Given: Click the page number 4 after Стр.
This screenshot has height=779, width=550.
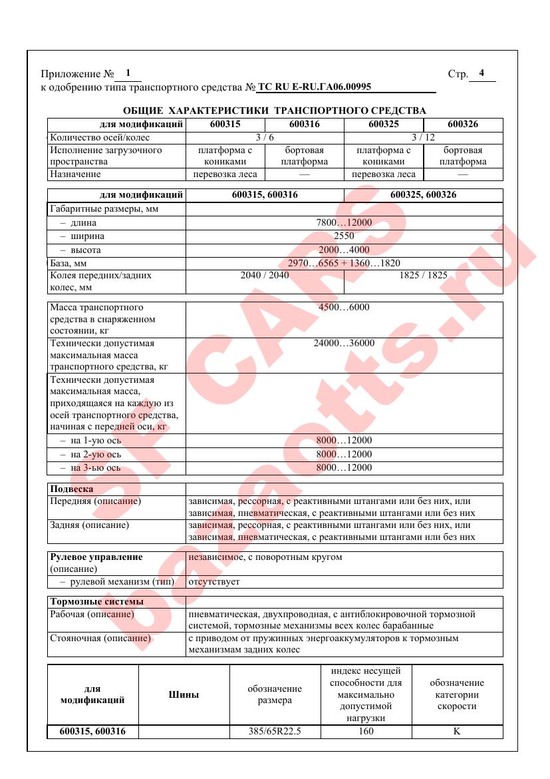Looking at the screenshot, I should pyautogui.click(x=482, y=73).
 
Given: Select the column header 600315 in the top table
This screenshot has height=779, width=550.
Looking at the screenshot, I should pyautogui.click(x=225, y=124).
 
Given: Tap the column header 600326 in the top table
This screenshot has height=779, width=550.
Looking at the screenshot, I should pyautogui.click(x=463, y=124).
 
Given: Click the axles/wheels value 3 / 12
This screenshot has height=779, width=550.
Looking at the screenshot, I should pyautogui.click(x=423, y=137).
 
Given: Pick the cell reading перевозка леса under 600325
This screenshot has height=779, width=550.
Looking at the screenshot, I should pyautogui.click(x=383, y=174).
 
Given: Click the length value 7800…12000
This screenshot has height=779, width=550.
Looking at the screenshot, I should pyautogui.click(x=344, y=223).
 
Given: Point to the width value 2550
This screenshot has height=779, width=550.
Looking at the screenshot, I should pyautogui.click(x=344, y=236).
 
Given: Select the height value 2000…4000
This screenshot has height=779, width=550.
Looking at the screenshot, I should pyautogui.click(x=344, y=250).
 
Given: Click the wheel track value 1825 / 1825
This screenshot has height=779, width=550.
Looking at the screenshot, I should pyautogui.click(x=423, y=274).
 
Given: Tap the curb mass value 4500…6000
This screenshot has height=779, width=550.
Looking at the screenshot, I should pyautogui.click(x=344, y=307).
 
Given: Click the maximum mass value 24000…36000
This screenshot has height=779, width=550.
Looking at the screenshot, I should pyautogui.click(x=344, y=344).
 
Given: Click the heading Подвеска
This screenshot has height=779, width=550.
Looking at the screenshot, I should pyautogui.click(x=72, y=489).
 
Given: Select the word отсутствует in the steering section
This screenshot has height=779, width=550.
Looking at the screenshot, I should pyautogui.click(x=214, y=582).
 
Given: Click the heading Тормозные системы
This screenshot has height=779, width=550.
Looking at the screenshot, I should pyautogui.click(x=96, y=602).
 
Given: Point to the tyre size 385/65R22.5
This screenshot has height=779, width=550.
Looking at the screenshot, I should pyautogui.click(x=275, y=731).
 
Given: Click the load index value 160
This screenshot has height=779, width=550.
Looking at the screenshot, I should pyautogui.click(x=365, y=731).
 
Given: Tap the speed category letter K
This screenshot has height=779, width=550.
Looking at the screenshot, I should pyautogui.click(x=457, y=731).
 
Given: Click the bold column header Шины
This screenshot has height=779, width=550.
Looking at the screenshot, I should pyautogui.click(x=184, y=694).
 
